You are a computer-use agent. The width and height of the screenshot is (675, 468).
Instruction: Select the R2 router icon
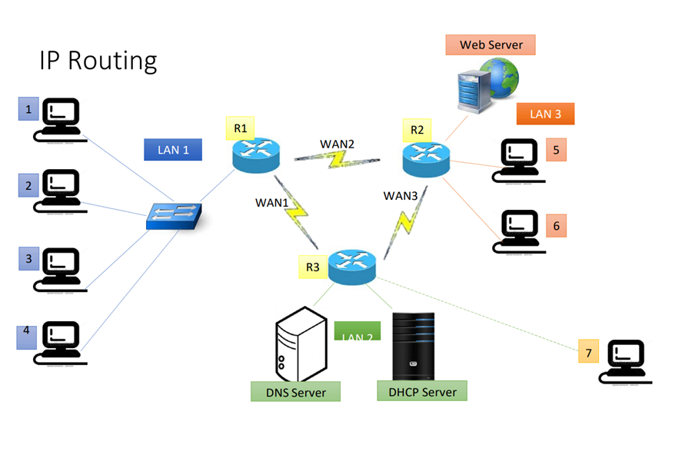pyautogui.click(x=425, y=159)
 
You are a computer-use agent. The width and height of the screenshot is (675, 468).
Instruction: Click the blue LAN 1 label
pyautogui.click(x=173, y=149)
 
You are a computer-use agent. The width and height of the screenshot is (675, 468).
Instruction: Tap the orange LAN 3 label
pyautogui.click(x=545, y=114)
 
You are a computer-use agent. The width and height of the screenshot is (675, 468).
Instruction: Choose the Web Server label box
pyautogui.click(x=490, y=45)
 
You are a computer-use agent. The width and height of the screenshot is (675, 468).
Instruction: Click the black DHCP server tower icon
pyautogui.click(x=413, y=346)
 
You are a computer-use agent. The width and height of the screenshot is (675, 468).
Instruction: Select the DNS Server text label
pyautogui.click(x=296, y=392)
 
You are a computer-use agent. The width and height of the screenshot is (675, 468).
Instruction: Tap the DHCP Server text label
pyautogui.click(x=422, y=391)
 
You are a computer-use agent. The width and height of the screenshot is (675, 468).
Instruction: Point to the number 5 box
pyautogui.click(x=556, y=150)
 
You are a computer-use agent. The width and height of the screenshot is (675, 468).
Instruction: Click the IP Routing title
pyautogui.click(x=98, y=61)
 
